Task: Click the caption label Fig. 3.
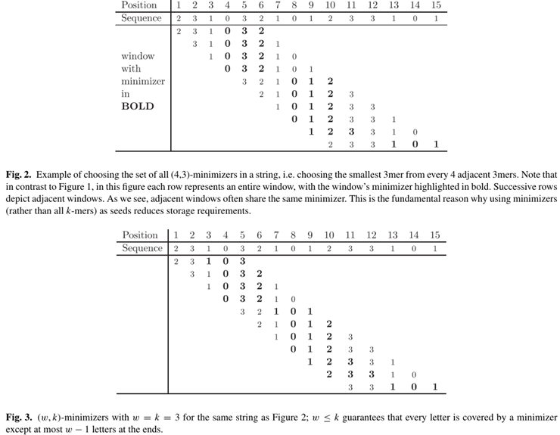click(16, 417)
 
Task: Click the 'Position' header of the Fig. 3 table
click(140, 235)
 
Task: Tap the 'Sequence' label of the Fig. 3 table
click(142, 248)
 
